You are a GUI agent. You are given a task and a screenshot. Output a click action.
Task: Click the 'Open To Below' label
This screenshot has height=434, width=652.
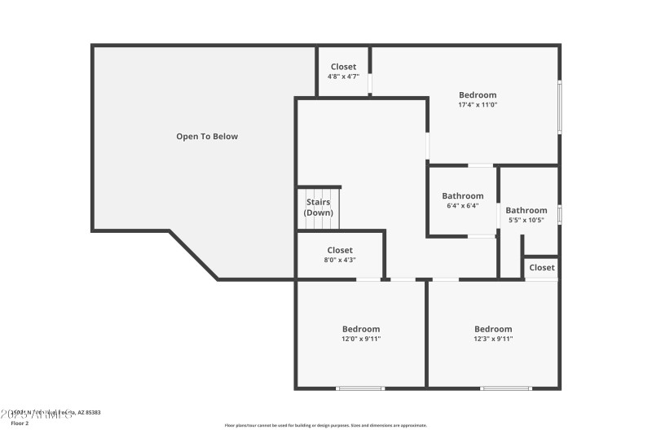click(x=207, y=137)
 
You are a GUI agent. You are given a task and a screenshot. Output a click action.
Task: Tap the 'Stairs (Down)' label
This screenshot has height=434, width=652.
click(x=319, y=207)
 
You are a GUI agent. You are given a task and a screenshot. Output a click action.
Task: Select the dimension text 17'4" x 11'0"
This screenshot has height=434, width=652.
click(x=478, y=105)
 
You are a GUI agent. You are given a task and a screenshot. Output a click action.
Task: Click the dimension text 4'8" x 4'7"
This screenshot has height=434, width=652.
click(x=343, y=77)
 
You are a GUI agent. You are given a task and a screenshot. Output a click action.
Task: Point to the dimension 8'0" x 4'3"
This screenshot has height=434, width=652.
click(x=340, y=260)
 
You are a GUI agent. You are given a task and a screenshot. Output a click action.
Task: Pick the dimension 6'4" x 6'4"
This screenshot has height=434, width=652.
click(x=463, y=206)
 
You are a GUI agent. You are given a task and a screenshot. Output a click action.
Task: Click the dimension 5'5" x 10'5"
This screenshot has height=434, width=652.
click(x=526, y=221)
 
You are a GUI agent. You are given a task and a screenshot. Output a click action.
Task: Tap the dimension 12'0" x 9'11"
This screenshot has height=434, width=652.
click(x=360, y=339)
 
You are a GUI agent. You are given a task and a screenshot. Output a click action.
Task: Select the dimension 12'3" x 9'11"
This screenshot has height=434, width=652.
click(x=493, y=339)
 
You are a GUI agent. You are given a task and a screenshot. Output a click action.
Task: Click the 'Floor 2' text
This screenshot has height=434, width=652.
click(x=20, y=423)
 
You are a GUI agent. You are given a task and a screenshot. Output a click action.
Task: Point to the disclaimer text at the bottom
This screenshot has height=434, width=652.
click(x=325, y=425)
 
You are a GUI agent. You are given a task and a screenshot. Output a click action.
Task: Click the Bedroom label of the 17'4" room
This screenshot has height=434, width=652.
click(x=478, y=95)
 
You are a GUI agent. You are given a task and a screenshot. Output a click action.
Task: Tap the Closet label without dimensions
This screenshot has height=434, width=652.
click(x=542, y=267)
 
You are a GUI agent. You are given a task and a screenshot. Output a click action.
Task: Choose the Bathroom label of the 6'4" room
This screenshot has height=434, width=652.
click(x=463, y=196)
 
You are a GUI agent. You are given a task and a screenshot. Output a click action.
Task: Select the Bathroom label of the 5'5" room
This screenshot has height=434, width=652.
click(x=526, y=211)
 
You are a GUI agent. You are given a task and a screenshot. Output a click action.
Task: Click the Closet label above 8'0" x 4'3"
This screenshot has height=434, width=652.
click(x=340, y=250)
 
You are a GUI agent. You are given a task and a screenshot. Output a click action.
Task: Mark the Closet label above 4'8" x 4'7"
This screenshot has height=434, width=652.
click(x=343, y=67)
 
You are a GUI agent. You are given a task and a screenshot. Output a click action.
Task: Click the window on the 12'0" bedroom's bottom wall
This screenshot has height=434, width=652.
click(x=360, y=388)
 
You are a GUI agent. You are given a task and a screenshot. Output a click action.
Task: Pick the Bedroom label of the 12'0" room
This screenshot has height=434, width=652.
click(x=360, y=329)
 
